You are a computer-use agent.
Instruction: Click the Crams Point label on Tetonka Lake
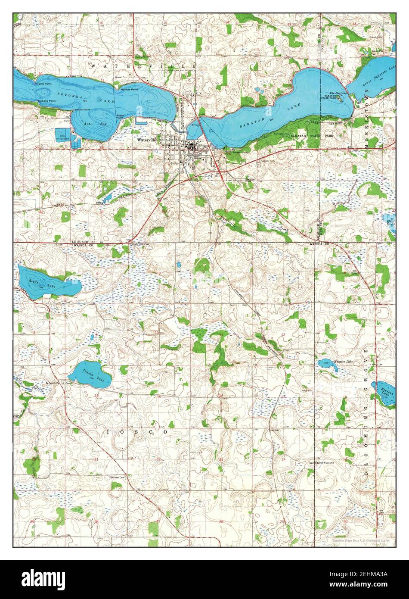point(43,84)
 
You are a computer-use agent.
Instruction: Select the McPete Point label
point(129,89)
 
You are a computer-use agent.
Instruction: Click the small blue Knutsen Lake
point(324,363)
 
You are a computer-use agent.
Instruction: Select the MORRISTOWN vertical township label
point(367,127)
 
